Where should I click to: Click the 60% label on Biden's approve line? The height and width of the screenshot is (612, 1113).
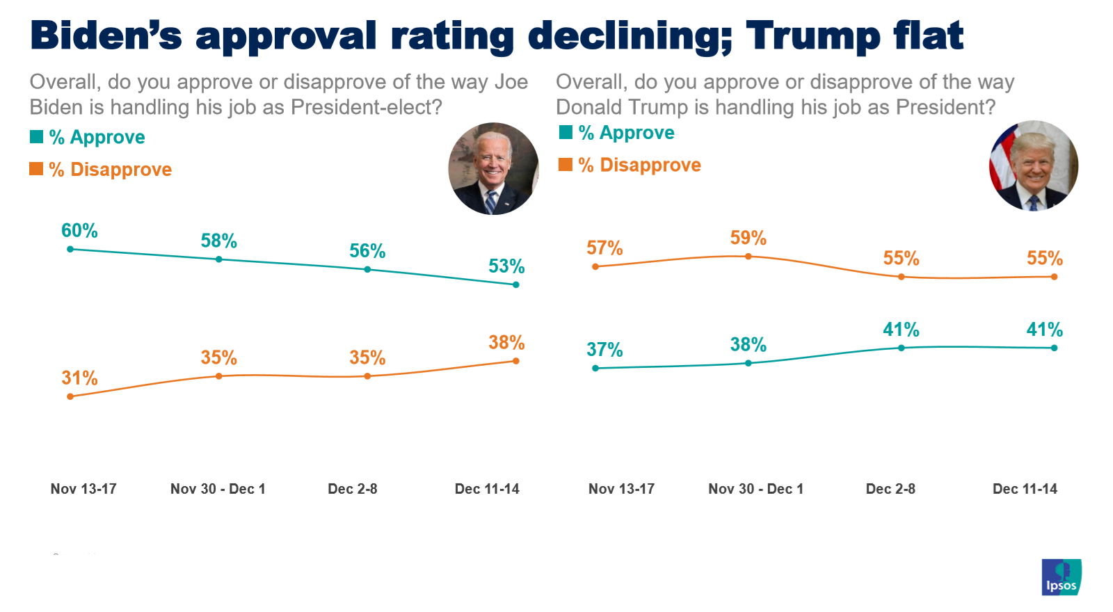point(79,231)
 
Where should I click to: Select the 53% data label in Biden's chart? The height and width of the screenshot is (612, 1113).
point(506,266)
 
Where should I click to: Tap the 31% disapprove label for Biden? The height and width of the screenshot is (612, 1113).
point(79,378)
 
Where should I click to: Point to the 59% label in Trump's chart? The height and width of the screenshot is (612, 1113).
point(748,239)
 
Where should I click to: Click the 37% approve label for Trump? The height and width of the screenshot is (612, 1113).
point(604,350)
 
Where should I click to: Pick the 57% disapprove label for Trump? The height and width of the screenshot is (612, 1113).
point(604,248)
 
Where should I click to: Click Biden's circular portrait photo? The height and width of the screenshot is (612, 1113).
point(493,169)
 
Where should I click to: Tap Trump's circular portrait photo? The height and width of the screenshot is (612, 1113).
point(1034,166)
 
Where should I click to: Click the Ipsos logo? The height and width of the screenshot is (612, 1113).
point(1062,577)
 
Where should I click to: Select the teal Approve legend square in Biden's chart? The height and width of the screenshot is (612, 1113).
point(36,137)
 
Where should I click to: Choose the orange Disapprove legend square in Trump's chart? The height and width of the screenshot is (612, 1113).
point(566,165)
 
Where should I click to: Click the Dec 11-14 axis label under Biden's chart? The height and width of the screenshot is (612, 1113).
point(487,489)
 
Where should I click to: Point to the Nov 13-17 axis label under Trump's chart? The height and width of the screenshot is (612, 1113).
point(621,489)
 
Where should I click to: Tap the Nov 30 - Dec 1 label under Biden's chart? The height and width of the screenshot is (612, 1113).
point(218,489)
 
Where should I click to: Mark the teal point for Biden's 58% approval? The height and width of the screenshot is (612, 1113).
point(219,259)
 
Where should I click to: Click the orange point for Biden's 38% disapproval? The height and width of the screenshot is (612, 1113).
point(515,361)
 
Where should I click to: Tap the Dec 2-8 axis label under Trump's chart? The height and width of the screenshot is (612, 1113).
point(890,489)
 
